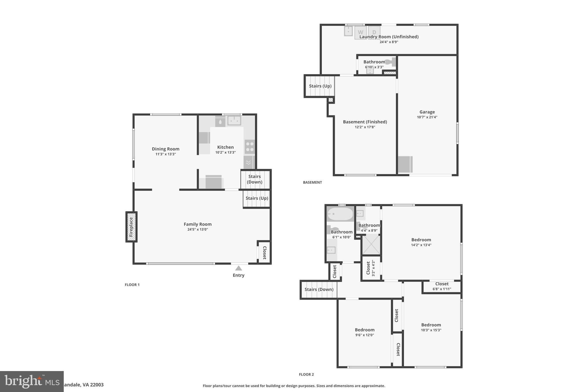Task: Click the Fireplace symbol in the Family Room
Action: (x=131, y=227)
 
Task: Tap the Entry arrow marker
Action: (x=238, y=268)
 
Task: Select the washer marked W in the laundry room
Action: (x=360, y=32)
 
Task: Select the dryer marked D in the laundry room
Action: (x=374, y=32)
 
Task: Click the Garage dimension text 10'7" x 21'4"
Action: (x=427, y=117)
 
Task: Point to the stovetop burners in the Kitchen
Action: (x=249, y=146)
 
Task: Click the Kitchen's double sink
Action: (x=234, y=121)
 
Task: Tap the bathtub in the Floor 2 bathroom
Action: (x=340, y=214)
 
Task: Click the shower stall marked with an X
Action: (x=371, y=245)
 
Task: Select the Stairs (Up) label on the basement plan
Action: (x=320, y=86)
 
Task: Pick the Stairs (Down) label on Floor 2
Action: (x=319, y=289)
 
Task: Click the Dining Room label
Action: (x=165, y=149)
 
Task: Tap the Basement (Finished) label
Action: (x=365, y=122)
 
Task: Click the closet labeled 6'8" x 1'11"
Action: (x=442, y=287)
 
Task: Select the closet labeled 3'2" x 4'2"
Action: (x=370, y=268)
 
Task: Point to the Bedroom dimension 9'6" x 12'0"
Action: (x=364, y=335)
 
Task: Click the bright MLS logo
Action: (x=32, y=381)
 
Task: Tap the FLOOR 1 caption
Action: (x=132, y=285)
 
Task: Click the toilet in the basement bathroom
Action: (x=390, y=62)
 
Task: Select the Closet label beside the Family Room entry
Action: (x=264, y=253)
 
